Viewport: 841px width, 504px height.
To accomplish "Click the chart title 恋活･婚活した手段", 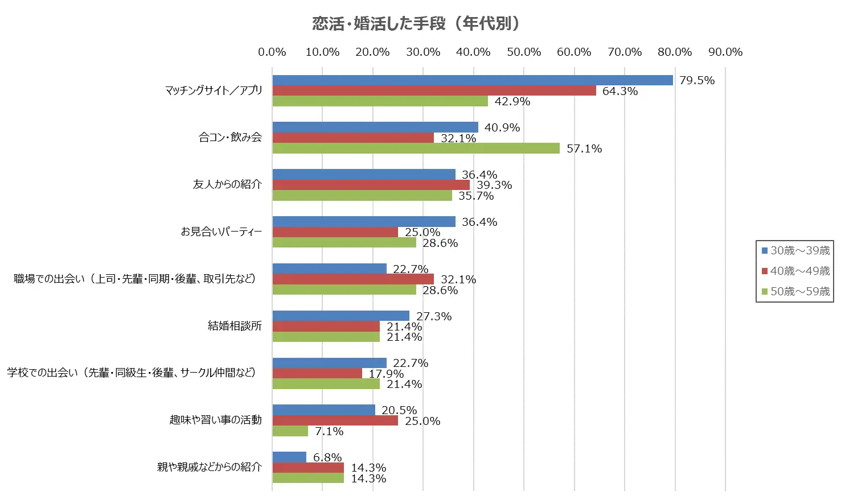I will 416,23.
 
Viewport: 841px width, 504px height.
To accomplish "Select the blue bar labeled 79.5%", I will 472,80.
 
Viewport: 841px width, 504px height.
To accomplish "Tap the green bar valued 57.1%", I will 416,148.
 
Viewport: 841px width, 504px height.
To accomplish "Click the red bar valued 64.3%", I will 434,90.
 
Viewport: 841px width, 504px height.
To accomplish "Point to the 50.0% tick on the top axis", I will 524,52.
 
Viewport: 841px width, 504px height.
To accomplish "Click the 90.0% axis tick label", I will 725,52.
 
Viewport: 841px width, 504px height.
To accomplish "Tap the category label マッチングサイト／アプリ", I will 214,90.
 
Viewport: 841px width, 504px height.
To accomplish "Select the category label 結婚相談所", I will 235,326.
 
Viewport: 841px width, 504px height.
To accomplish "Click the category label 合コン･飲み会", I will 230,137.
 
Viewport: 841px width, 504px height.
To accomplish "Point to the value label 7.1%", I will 329,431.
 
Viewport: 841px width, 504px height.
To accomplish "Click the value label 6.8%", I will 327,457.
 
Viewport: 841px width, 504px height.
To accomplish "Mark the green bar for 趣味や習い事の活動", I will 290,431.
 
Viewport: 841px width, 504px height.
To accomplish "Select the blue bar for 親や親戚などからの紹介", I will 289,457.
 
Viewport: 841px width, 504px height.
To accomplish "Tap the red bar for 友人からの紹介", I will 371,185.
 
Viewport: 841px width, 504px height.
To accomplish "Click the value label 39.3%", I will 494,185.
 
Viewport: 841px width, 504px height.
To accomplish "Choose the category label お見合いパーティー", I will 221,232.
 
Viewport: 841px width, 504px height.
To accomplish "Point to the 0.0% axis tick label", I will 272,52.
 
